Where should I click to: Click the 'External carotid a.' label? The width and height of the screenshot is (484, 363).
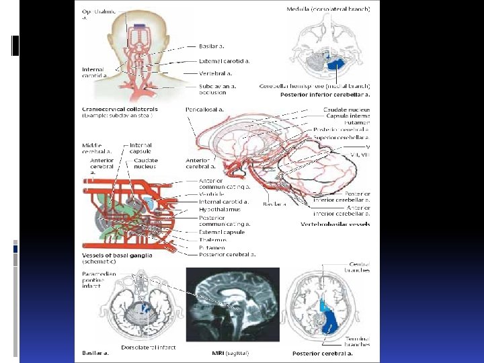point(224,61)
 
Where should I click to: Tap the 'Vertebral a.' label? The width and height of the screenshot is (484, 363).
point(216,73)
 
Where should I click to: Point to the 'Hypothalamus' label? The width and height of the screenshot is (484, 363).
point(220,209)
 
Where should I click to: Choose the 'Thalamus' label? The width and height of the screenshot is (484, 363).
point(212,239)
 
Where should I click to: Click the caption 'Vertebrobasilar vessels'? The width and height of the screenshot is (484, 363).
point(335,224)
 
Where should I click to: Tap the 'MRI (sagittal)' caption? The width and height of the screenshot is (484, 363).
point(230,353)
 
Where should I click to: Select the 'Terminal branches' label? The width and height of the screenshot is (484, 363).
point(356,341)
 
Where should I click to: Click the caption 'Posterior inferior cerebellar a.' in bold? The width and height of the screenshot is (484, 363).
point(325,95)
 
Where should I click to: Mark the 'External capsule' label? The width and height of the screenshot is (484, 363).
point(222,232)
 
